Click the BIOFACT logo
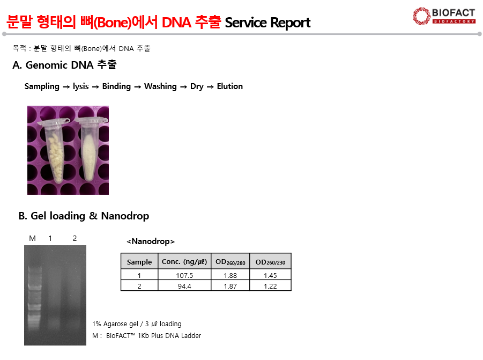click(x=444, y=16)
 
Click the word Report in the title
click(x=290, y=23)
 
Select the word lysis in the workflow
click(x=81, y=86)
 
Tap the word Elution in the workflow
click(x=230, y=86)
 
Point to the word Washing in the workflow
click(x=160, y=86)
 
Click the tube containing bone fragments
click(x=55, y=151)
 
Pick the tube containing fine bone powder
click(x=90, y=149)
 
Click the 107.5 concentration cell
click(x=184, y=275)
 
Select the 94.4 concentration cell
click(x=184, y=286)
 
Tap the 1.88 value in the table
click(x=231, y=275)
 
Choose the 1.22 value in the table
click(x=270, y=286)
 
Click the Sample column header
click(x=139, y=262)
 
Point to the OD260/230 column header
click(x=270, y=262)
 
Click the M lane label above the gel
click(x=32, y=238)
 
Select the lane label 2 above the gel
click(x=75, y=238)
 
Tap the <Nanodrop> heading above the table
click(x=151, y=241)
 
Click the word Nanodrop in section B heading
click(x=125, y=216)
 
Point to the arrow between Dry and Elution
click(x=210, y=87)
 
